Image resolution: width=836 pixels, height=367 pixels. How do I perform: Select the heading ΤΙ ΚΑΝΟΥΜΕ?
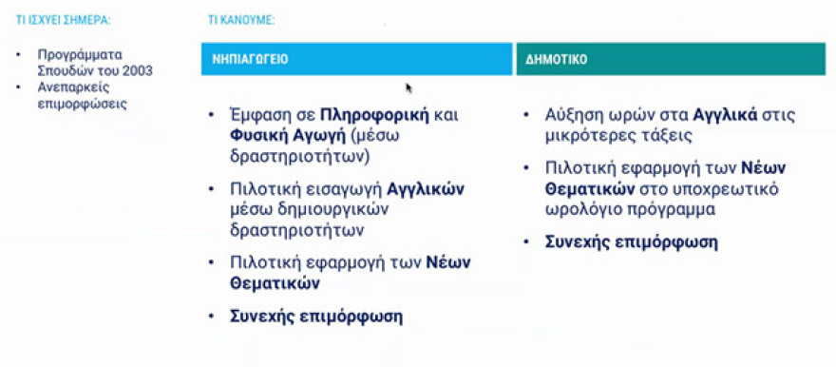point(241,19)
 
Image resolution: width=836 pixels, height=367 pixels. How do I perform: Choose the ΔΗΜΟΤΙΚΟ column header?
point(556,59)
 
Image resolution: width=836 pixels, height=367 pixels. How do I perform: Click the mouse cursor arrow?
point(408,87)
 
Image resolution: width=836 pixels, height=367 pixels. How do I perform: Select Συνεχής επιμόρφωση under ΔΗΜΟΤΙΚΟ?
point(632,241)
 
